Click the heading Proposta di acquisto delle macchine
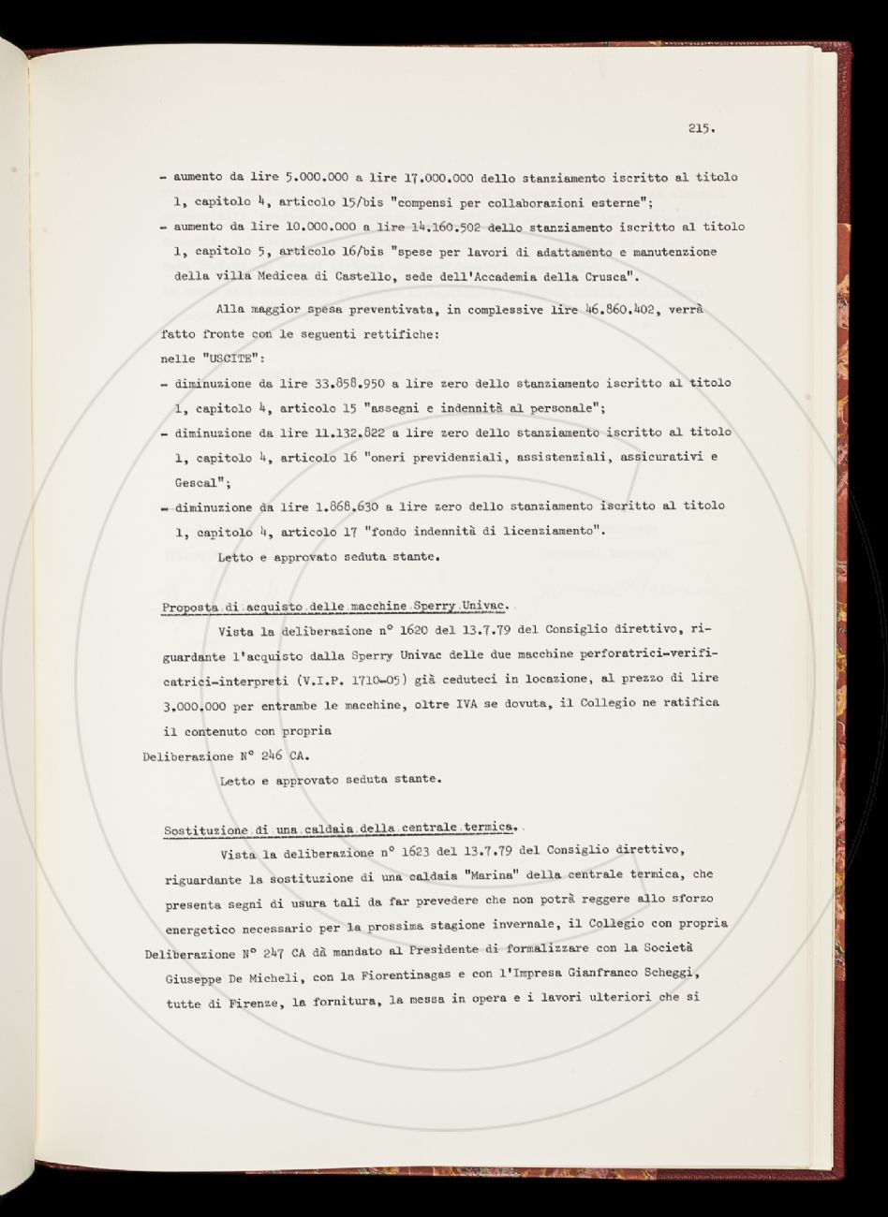pyautogui.click(x=281, y=608)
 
